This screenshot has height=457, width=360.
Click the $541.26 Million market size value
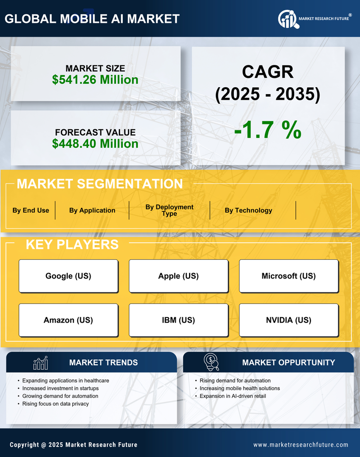(95, 80)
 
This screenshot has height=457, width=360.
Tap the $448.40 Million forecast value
(95, 144)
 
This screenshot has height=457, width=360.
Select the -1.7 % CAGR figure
(267, 130)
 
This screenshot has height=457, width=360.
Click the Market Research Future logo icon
(287, 19)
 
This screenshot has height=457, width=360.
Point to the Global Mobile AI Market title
(92, 19)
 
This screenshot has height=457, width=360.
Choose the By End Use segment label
(31, 210)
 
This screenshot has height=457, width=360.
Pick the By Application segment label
(92, 210)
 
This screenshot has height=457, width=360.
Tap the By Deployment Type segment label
(169, 210)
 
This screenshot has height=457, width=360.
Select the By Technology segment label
(248, 210)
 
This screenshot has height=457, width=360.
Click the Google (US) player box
(68, 276)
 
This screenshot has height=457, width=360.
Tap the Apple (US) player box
(178, 276)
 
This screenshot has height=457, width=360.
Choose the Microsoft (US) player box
(289, 276)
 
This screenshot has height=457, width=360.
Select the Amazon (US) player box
(68, 320)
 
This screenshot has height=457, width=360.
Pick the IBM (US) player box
(178, 320)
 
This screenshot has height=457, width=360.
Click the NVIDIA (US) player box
(289, 320)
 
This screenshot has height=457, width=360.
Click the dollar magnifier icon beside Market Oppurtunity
(211, 362)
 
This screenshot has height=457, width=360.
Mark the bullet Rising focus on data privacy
(55, 404)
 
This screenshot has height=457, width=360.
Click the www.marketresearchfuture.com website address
(301, 445)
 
